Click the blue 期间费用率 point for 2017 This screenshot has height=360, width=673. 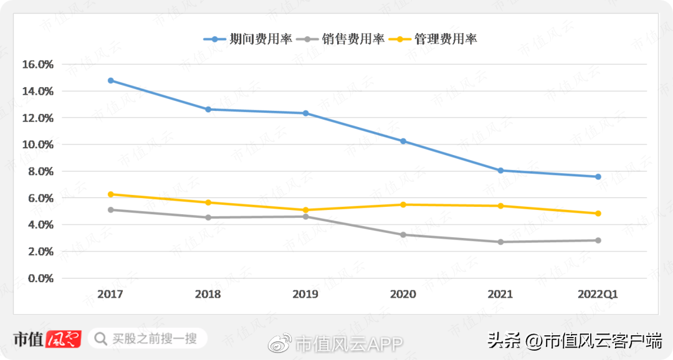pos(111,80)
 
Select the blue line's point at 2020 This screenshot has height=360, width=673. pos(403,141)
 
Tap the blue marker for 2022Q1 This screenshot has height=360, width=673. pos(598,177)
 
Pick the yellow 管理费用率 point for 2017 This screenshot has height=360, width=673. pos(111,194)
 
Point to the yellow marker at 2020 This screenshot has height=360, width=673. pos(403,204)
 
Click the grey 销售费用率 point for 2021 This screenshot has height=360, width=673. pos(500,242)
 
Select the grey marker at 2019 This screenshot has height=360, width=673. pos(305,216)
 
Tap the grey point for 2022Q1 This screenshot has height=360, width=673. pos(598,240)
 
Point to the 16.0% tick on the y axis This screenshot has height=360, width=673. pos(38,64)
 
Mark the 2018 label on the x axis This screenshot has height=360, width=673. pos(208,295)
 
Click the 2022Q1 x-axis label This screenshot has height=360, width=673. pos(598,295)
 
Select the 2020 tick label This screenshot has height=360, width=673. pos(403,295)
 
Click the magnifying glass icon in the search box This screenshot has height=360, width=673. pos(100,339)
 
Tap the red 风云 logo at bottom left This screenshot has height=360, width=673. pos(65,339)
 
